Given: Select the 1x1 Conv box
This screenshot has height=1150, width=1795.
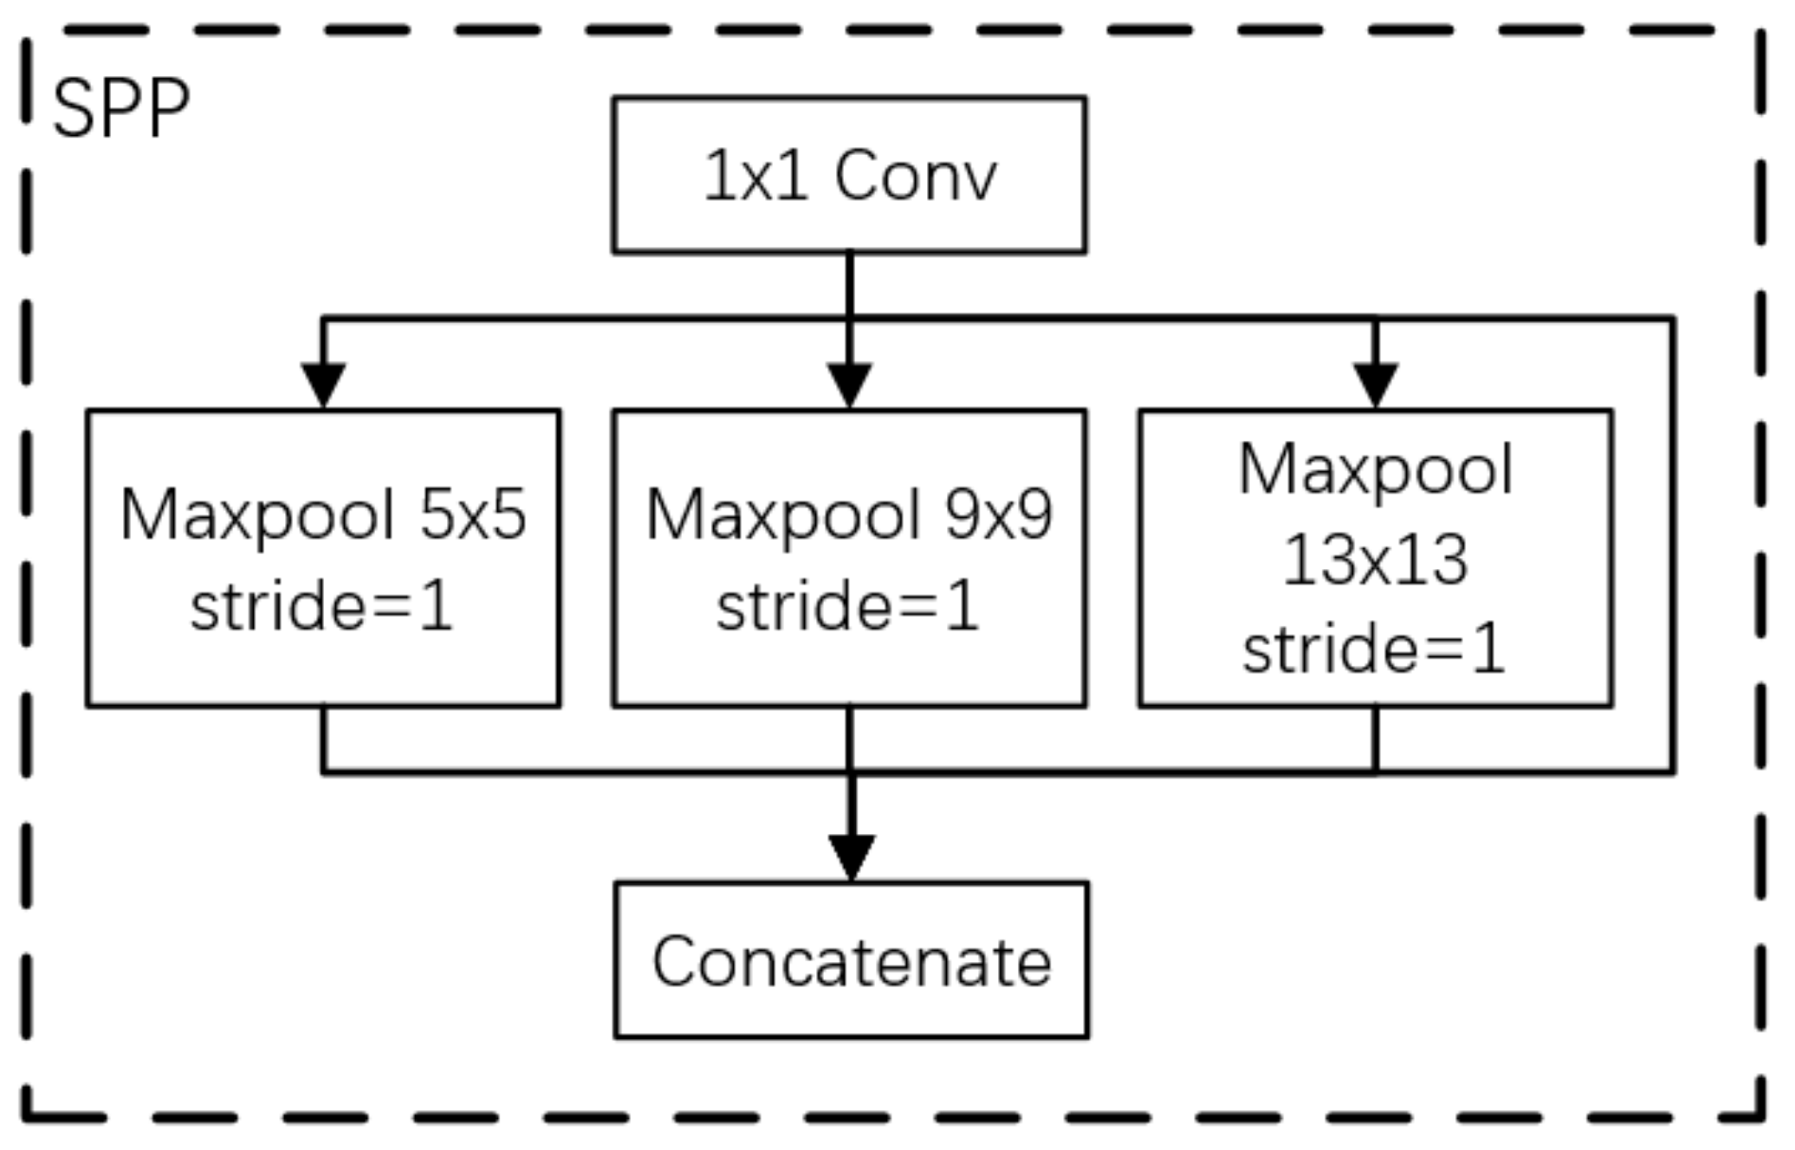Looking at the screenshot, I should pos(849,175).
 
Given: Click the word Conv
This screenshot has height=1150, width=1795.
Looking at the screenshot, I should pos(916,176).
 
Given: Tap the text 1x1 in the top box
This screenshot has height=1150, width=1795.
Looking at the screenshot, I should pos(755,176).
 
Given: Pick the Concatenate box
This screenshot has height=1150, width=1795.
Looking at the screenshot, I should pos(851,959).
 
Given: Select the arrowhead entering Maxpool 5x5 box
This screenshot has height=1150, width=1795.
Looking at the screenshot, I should pos(323,384).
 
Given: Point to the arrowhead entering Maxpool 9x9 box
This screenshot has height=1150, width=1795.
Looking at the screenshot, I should pos(849,384).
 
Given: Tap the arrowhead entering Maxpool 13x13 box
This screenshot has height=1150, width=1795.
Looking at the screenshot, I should pos(1376,384).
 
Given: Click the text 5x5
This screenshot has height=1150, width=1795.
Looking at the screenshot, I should pos(473,514).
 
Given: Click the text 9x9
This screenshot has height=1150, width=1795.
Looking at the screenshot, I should pos(999,514).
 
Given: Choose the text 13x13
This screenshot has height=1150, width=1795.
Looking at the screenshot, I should pos(1375,559).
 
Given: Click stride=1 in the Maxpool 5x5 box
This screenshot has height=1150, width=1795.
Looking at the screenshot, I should pos(322,605).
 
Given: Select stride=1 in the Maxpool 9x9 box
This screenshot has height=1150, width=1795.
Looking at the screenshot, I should pos(848,605).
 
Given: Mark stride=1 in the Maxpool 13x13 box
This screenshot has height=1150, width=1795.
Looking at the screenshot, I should pos(1375,649).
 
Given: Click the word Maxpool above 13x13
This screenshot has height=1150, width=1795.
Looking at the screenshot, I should pos(1376,470).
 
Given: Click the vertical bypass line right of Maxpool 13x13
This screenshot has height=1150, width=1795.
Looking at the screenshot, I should pos(1672,546).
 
